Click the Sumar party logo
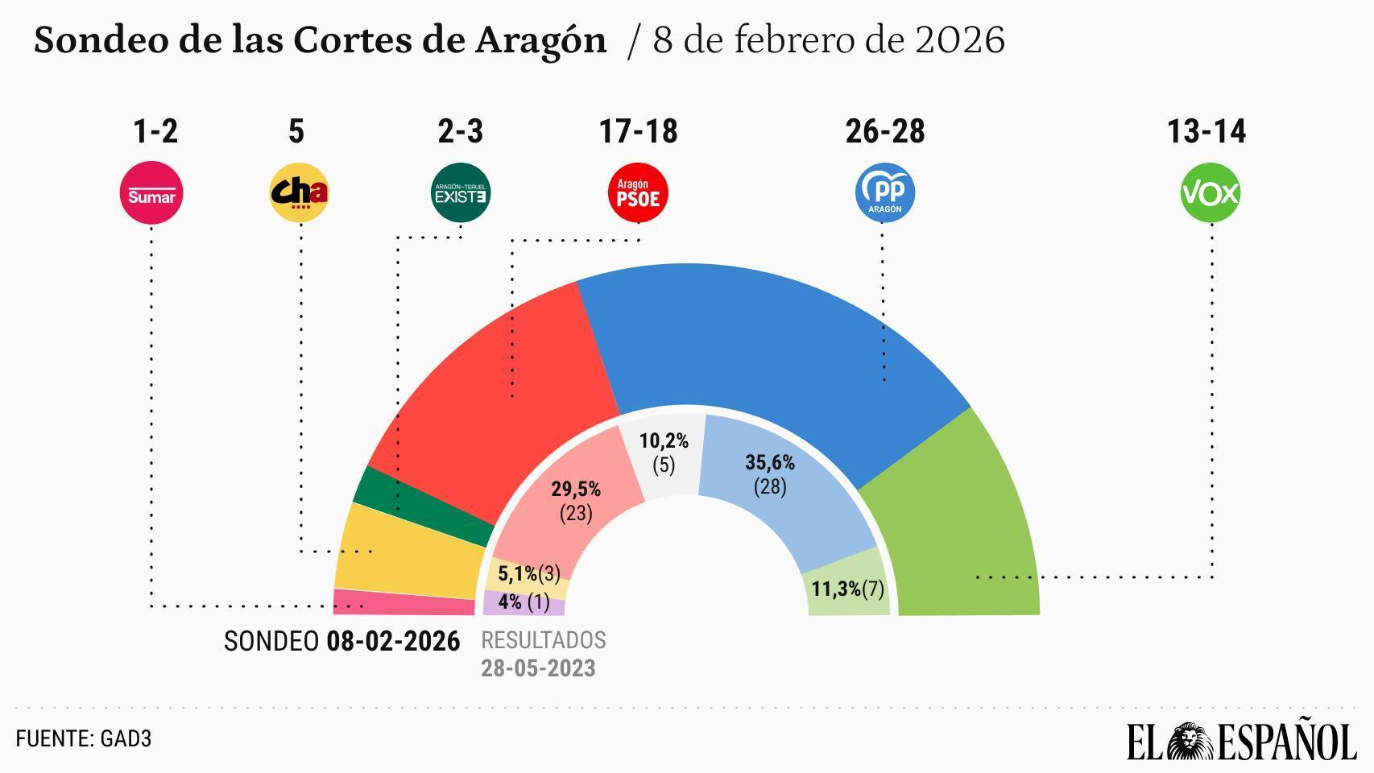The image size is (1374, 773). click(151, 193)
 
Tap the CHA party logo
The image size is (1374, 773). click(299, 193)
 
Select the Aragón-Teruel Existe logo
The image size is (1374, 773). click(461, 193)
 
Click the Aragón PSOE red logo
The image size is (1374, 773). click(638, 193)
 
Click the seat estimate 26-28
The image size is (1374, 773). click(884, 131)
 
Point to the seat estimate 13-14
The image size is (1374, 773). click(1206, 131)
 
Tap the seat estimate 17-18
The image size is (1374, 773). click(638, 131)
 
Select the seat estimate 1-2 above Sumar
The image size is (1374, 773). click(155, 131)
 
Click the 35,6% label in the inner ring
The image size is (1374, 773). click(770, 463)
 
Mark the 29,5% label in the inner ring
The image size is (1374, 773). click(576, 490)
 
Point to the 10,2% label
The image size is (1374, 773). click(664, 441)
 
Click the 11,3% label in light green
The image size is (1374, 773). click(836, 589)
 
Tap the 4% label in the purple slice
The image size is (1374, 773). click(510, 602)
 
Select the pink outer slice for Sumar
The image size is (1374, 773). click(403, 603)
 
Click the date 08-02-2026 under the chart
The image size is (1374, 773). click(393, 642)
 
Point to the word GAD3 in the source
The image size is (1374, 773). click(126, 739)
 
